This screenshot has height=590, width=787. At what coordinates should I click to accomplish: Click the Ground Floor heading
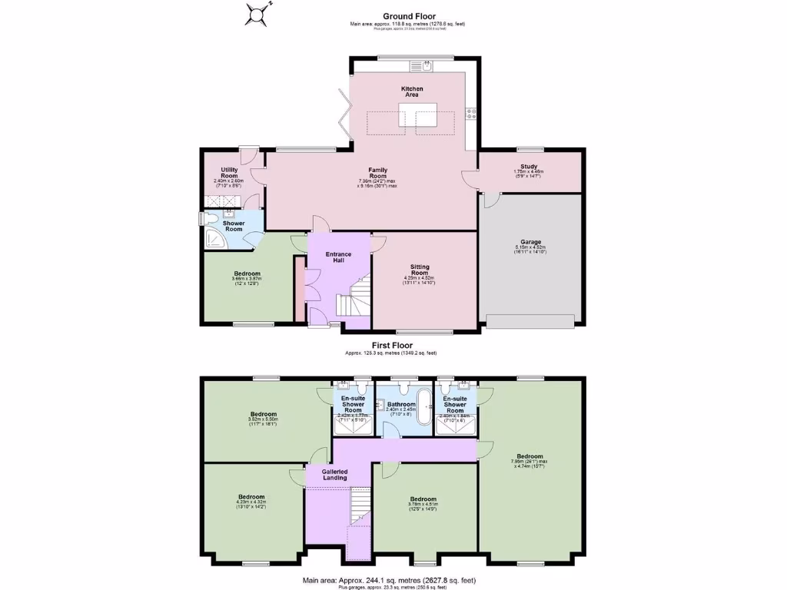[x=410, y=16]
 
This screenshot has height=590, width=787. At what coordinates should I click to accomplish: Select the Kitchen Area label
[x=412, y=91]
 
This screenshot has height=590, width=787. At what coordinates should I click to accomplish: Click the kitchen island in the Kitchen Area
[x=412, y=114]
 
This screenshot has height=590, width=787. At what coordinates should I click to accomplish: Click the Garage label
[x=528, y=243]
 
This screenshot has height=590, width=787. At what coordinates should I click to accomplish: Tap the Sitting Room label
[x=420, y=270]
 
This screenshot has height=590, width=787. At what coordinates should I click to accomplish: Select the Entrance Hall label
[x=338, y=257]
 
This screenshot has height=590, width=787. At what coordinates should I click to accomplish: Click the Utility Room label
[x=229, y=173]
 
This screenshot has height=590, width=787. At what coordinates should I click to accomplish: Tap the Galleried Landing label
[x=334, y=474]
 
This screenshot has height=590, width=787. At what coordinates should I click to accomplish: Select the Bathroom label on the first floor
[x=401, y=404]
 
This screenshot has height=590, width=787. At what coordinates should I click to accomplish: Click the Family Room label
[x=377, y=173]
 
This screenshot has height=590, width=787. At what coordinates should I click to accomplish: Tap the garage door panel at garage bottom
[x=530, y=321]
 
